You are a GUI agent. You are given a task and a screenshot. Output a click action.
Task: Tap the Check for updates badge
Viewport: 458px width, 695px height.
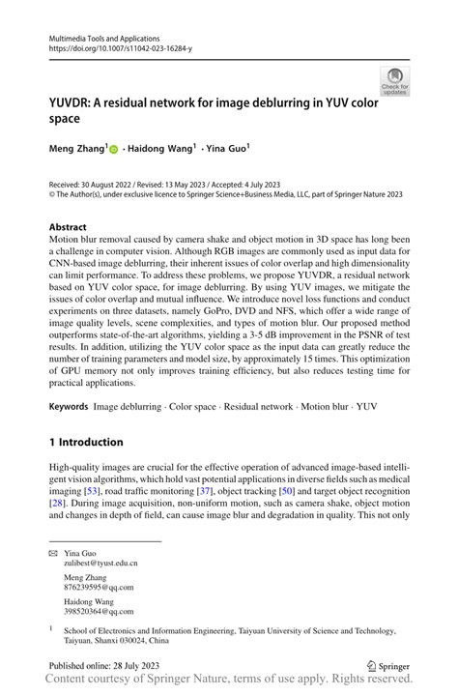tap(393, 81)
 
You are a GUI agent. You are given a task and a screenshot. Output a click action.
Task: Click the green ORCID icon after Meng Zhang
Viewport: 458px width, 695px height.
tap(113, 151)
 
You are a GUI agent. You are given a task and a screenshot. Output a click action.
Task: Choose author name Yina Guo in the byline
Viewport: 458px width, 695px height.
tap(226, 150)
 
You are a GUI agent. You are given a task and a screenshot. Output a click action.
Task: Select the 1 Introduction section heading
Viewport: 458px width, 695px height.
tap(86, 442)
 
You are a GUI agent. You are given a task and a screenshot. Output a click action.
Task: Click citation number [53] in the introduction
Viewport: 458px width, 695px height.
tap(95, 492)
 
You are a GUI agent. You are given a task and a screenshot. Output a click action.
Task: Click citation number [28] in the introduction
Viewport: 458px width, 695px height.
tap(57, 505)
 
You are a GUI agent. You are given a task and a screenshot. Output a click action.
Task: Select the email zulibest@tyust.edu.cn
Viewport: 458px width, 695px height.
tap(100, 562)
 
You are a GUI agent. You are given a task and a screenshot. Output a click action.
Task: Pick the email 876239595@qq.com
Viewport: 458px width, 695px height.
tap(98, 586)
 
